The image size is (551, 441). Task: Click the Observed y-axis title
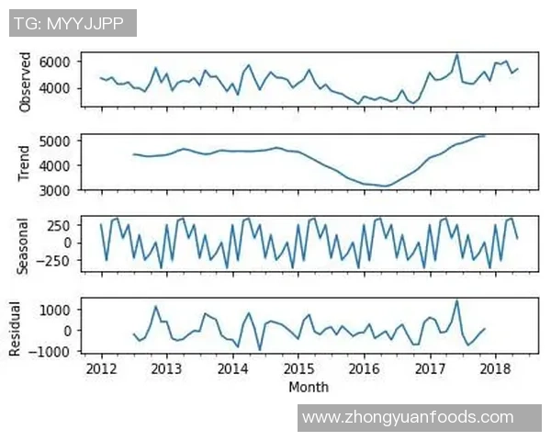pos(25,82)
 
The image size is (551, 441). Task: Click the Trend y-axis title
pos(25,164)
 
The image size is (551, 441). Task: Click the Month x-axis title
pos(309,388)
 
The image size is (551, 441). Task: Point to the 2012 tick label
pos(100,369)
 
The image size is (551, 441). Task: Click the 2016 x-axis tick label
pos(365,369)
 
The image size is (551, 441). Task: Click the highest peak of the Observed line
pos(457,54)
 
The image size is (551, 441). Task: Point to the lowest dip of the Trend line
pos(386,187)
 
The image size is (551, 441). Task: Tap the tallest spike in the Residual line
pos(457,300)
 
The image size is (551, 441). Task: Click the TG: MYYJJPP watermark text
pos(73,22)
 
